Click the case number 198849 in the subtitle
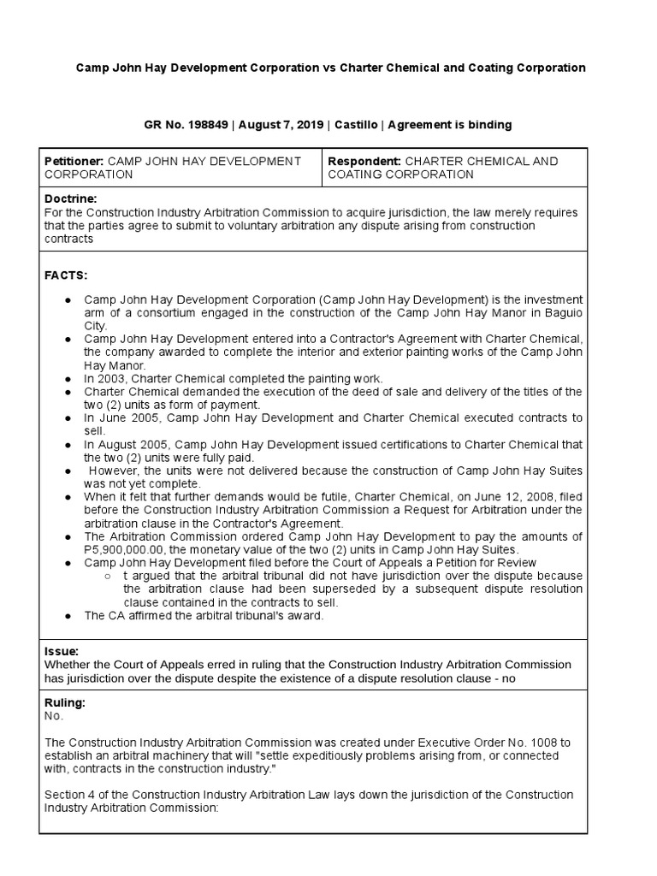[206, 125]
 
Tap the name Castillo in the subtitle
[355, 125]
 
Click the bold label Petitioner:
[74, 161]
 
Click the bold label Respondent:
[364, 161]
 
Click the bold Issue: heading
[61, 651]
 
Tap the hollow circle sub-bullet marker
[107, 576]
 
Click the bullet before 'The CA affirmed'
[67, 615]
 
